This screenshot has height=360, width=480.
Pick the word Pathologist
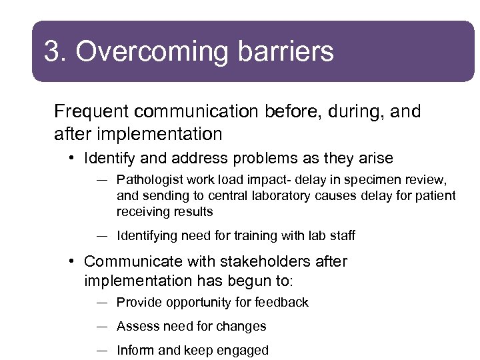pyautogui.click(x=150, y=180)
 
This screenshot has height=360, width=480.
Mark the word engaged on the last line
pyautogui.click(x=244, y=350)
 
